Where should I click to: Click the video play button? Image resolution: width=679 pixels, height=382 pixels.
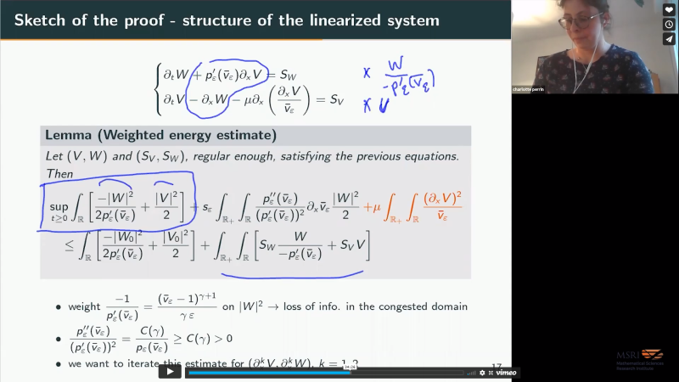(170, 371)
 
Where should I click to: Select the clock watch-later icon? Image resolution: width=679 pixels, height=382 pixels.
(669, 25)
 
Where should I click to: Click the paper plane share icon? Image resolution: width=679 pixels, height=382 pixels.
(669, 39)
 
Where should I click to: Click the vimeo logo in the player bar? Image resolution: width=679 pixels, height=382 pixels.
(507, 372)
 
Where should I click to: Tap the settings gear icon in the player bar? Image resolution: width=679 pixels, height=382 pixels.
(482, 372)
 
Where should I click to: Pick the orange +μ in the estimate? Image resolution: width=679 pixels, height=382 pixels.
(371, 205)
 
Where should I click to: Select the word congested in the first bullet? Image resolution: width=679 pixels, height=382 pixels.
(421, 306)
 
